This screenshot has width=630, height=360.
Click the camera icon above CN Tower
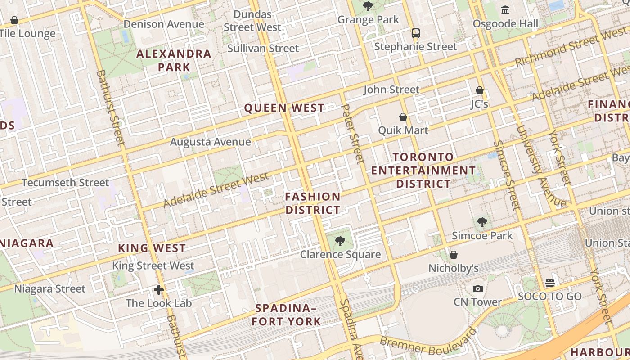(477, 288)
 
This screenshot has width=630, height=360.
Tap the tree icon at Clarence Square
(340, 241)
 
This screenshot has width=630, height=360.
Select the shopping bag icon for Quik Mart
(403, 117)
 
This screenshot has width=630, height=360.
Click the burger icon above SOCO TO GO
(549, 283)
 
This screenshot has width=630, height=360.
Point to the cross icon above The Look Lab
(158, 289)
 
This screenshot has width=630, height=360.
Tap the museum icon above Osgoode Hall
(505, 10)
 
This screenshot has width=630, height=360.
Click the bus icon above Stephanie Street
(415, 33)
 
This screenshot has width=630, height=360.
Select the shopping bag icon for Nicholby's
(454, 255)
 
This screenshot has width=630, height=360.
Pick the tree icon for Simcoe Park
(482, 222)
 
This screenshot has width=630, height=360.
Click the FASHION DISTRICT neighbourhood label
(313, 203)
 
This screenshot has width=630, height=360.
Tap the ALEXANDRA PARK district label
(174, 60)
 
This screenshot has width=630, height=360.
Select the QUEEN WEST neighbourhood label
(284, 108)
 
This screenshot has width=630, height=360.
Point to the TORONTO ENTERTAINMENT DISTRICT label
(423, 171)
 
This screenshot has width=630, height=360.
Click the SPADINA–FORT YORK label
(286, 315)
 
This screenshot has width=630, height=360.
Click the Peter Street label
(352, 134)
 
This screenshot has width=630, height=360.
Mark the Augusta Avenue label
(210, 142)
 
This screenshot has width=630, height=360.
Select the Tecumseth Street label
(65, 183)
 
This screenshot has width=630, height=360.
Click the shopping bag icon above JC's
(480, 90)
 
